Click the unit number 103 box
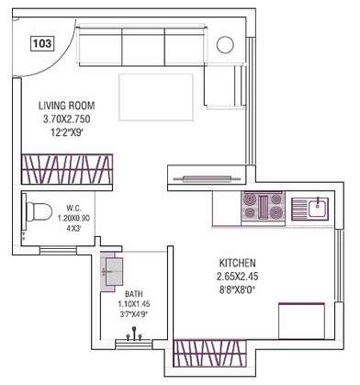(41, 43)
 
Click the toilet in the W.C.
(39, 212)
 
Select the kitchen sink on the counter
(312, 206)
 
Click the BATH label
(134, 294)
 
